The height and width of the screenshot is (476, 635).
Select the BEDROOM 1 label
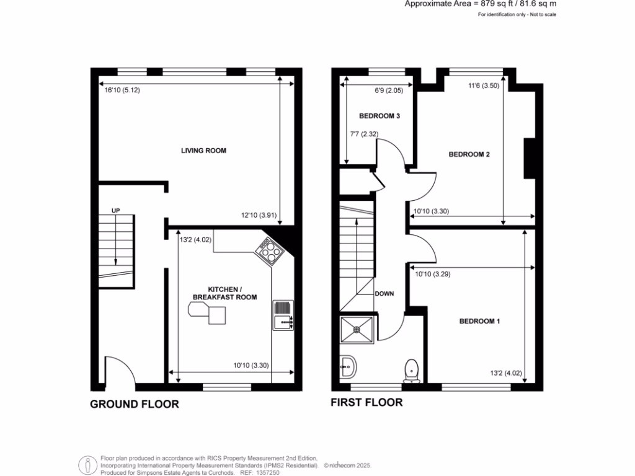479,321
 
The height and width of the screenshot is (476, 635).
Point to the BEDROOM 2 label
469,154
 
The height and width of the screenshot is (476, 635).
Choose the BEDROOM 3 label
380,116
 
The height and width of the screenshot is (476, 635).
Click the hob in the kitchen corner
268,249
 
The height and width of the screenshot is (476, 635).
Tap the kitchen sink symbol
282,314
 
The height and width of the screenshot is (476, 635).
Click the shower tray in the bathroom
357,330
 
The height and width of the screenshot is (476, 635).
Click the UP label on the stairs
115,211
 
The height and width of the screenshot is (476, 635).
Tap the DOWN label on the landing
384,293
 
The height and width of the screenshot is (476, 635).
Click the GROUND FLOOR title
135,404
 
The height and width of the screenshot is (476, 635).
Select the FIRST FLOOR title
366,403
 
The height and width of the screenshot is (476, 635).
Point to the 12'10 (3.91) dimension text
259,216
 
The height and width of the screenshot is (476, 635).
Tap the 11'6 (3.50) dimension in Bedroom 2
482,87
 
